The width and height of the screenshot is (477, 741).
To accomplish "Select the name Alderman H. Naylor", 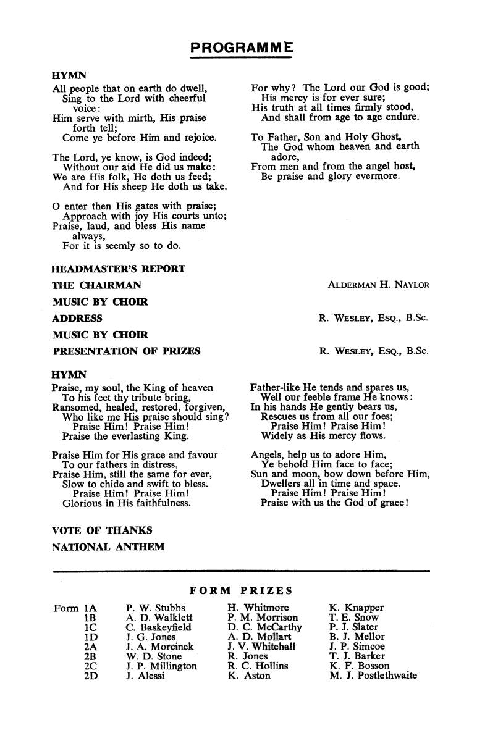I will tap(378, 285).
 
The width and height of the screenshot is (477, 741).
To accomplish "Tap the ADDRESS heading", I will tap(78, 319).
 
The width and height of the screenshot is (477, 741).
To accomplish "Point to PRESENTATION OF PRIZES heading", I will tap(127, 352).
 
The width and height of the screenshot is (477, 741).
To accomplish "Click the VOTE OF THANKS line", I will tap(102, 530).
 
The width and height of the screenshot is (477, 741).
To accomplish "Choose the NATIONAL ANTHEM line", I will tap(108, 547).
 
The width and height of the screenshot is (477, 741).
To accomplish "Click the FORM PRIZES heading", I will tap(240, 590).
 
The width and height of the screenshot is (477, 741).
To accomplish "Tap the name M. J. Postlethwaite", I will tap(374, 676).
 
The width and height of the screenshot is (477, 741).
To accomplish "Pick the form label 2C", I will tap(91, 666).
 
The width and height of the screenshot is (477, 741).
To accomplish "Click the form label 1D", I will tap(91, 637).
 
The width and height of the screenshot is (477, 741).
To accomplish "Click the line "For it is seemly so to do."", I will tap(121, 246).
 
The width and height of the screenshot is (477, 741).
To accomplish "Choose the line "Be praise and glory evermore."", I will tap(331, 177).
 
